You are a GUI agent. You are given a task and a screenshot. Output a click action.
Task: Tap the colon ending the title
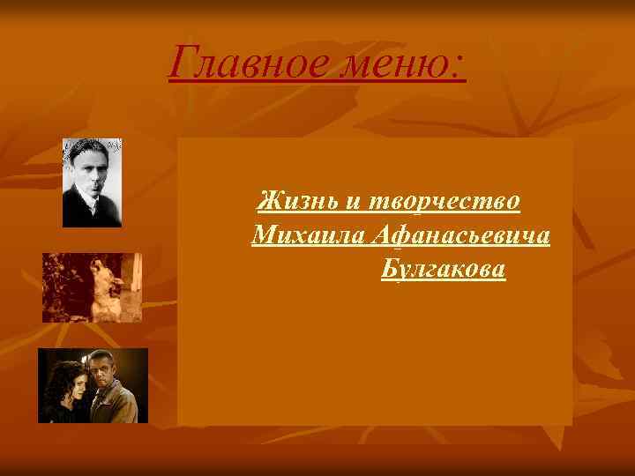pyautogui.click(x=461, y=66)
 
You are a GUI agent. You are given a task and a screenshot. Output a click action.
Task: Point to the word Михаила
pyautogui.click(x=305, y=236)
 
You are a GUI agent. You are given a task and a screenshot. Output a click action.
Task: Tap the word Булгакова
pyautogui.click(x=444, y=269)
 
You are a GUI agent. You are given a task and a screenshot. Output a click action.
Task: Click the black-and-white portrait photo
pyautogui.click(x=92, y=183)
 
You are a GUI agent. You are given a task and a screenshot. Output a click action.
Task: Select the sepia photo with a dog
pyautogui.click(x=92, y=287)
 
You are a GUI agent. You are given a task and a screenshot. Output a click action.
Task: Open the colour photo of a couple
pyautogui.click(x=93, y=385)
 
